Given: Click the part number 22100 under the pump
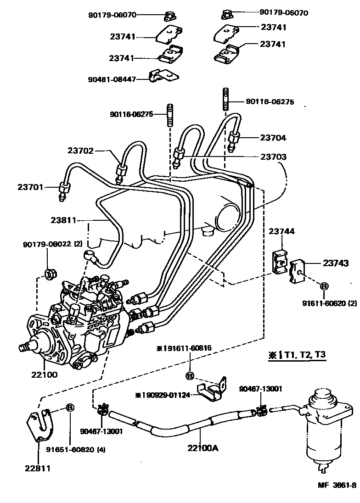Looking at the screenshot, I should (45, 374).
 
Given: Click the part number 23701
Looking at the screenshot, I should (31, 187).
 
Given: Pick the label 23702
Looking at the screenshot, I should (81, 150).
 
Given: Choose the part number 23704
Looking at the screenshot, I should (273, 137).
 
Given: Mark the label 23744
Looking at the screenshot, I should (281, 232).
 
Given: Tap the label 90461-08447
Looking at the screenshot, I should (112, 79).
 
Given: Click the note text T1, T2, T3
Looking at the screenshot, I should (304, 355).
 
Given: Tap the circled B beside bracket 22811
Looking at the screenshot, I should (70, 407).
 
